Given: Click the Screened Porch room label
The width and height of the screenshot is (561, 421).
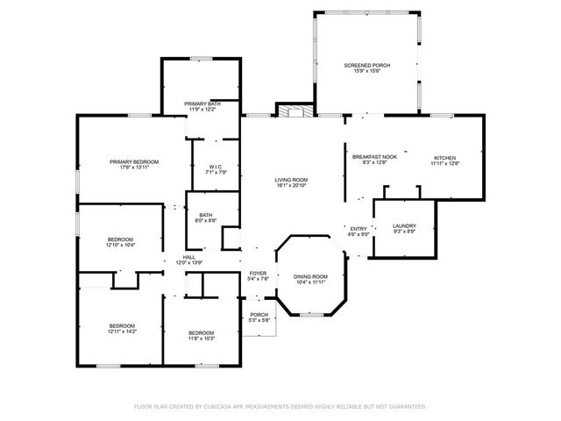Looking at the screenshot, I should (367, 66).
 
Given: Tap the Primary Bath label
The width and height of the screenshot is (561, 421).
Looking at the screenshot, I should (202, 103).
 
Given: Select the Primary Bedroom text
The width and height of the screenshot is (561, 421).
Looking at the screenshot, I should (134, 161).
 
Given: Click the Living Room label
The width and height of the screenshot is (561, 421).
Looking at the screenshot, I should (292, 180).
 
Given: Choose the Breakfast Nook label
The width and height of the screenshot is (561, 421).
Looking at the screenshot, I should (374, 157).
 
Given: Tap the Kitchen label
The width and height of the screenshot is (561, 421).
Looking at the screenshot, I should (445, 158).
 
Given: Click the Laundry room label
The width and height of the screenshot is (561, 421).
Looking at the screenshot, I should (404, 225).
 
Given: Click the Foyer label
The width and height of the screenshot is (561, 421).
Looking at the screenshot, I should (258, 274).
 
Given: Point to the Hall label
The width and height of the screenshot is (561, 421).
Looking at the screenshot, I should (188, 257).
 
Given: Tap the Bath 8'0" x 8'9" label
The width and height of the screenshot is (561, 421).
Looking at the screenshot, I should (205, 215).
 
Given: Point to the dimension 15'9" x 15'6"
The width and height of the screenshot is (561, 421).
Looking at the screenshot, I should (367, 72).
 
